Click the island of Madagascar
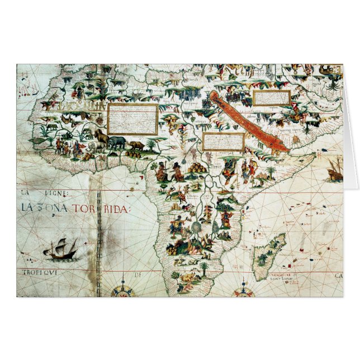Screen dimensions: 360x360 [x=268, y=257]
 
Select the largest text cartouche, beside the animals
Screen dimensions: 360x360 [x=132, y=119]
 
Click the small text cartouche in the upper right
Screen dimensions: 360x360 [x=271, y=98]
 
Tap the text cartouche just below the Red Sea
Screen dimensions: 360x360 [x=223, y=142]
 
